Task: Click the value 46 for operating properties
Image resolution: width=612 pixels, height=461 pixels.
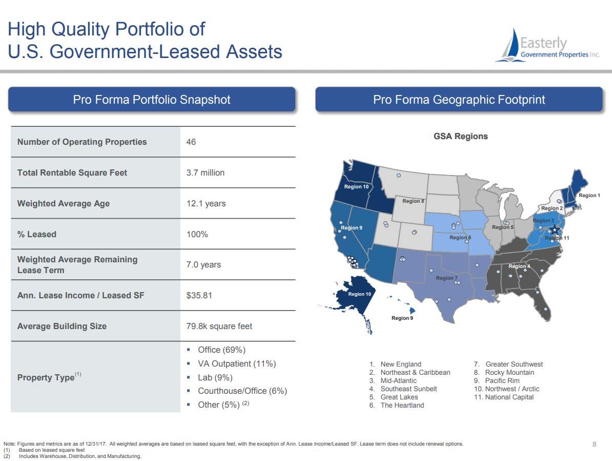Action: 191,142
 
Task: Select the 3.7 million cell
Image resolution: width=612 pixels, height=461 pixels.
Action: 206,173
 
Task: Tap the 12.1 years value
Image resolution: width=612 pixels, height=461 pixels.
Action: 206,203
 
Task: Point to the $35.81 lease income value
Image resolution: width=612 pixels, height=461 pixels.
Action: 199,295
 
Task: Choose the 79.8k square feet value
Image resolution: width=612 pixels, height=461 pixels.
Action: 219,326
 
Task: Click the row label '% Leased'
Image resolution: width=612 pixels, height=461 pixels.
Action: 37,234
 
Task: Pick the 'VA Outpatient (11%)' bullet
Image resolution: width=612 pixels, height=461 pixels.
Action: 236,363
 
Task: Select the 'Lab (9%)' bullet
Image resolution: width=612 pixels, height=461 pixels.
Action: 215,377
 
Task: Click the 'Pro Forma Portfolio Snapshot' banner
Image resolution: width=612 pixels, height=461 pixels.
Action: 151,99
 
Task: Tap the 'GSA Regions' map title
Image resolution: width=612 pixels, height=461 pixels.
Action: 461,136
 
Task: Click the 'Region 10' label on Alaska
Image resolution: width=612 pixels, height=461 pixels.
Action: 359,294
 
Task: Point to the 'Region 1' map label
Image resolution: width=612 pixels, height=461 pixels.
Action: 589,195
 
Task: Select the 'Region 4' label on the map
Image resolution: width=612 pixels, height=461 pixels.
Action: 519,266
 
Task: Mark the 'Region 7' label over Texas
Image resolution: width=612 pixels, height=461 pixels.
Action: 446,278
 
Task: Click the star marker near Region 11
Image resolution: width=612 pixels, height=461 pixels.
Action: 555,230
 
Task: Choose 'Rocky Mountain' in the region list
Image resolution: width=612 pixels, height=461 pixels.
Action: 509,372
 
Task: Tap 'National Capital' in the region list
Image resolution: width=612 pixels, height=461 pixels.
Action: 509,397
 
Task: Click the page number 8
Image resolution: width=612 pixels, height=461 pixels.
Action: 595,444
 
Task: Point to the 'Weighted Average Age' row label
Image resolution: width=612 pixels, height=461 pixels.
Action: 63,203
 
